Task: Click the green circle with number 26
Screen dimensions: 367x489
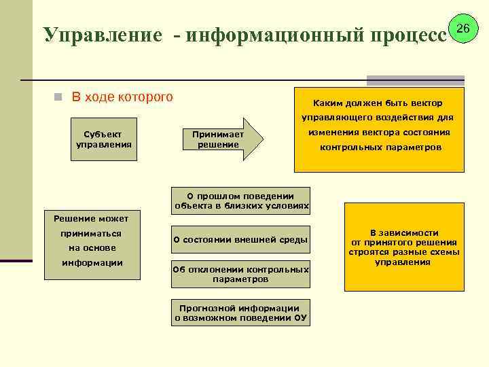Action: click(464, 29)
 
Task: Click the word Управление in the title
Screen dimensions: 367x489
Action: click(103, 35)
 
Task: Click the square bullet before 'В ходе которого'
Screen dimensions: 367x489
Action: click(59, 97)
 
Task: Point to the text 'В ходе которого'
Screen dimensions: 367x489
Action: click(122, 97)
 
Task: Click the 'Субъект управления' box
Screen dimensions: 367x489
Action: click(104, 139)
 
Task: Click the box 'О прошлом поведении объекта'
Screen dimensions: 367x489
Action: click(241, 200)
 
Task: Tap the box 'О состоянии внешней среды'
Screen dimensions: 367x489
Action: click(240, 239)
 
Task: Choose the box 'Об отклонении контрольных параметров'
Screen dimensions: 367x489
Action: click(240, 274)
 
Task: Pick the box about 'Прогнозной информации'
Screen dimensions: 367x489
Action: click(240, 313)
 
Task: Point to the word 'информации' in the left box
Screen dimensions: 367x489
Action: click(92, 262)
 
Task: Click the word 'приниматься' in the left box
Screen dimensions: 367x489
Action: click(92, 233)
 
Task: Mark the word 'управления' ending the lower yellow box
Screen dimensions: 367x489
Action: click(404, 262)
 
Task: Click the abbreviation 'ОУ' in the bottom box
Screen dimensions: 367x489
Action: click(300, 317)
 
